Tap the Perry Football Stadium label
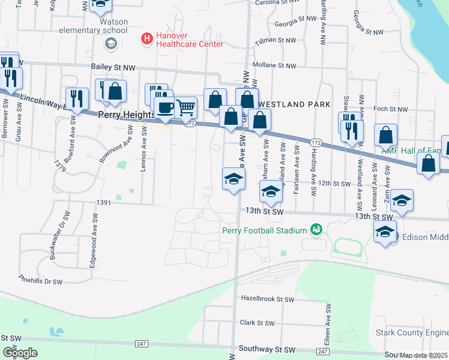pos(264,230)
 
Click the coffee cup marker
pos(165,107)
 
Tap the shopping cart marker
pos(187,107)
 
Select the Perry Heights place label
pos(122,115)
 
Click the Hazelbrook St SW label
pos(268,299)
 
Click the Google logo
pos(19,353)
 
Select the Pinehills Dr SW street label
pos(40,281)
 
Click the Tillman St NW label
pos(275,40)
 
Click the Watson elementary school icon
pos(110,43)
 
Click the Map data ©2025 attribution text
pos(424,355)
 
